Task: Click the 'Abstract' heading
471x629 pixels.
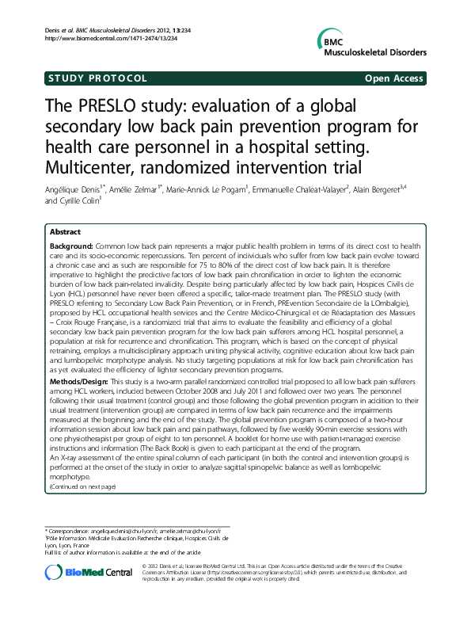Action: tap(65, 232)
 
